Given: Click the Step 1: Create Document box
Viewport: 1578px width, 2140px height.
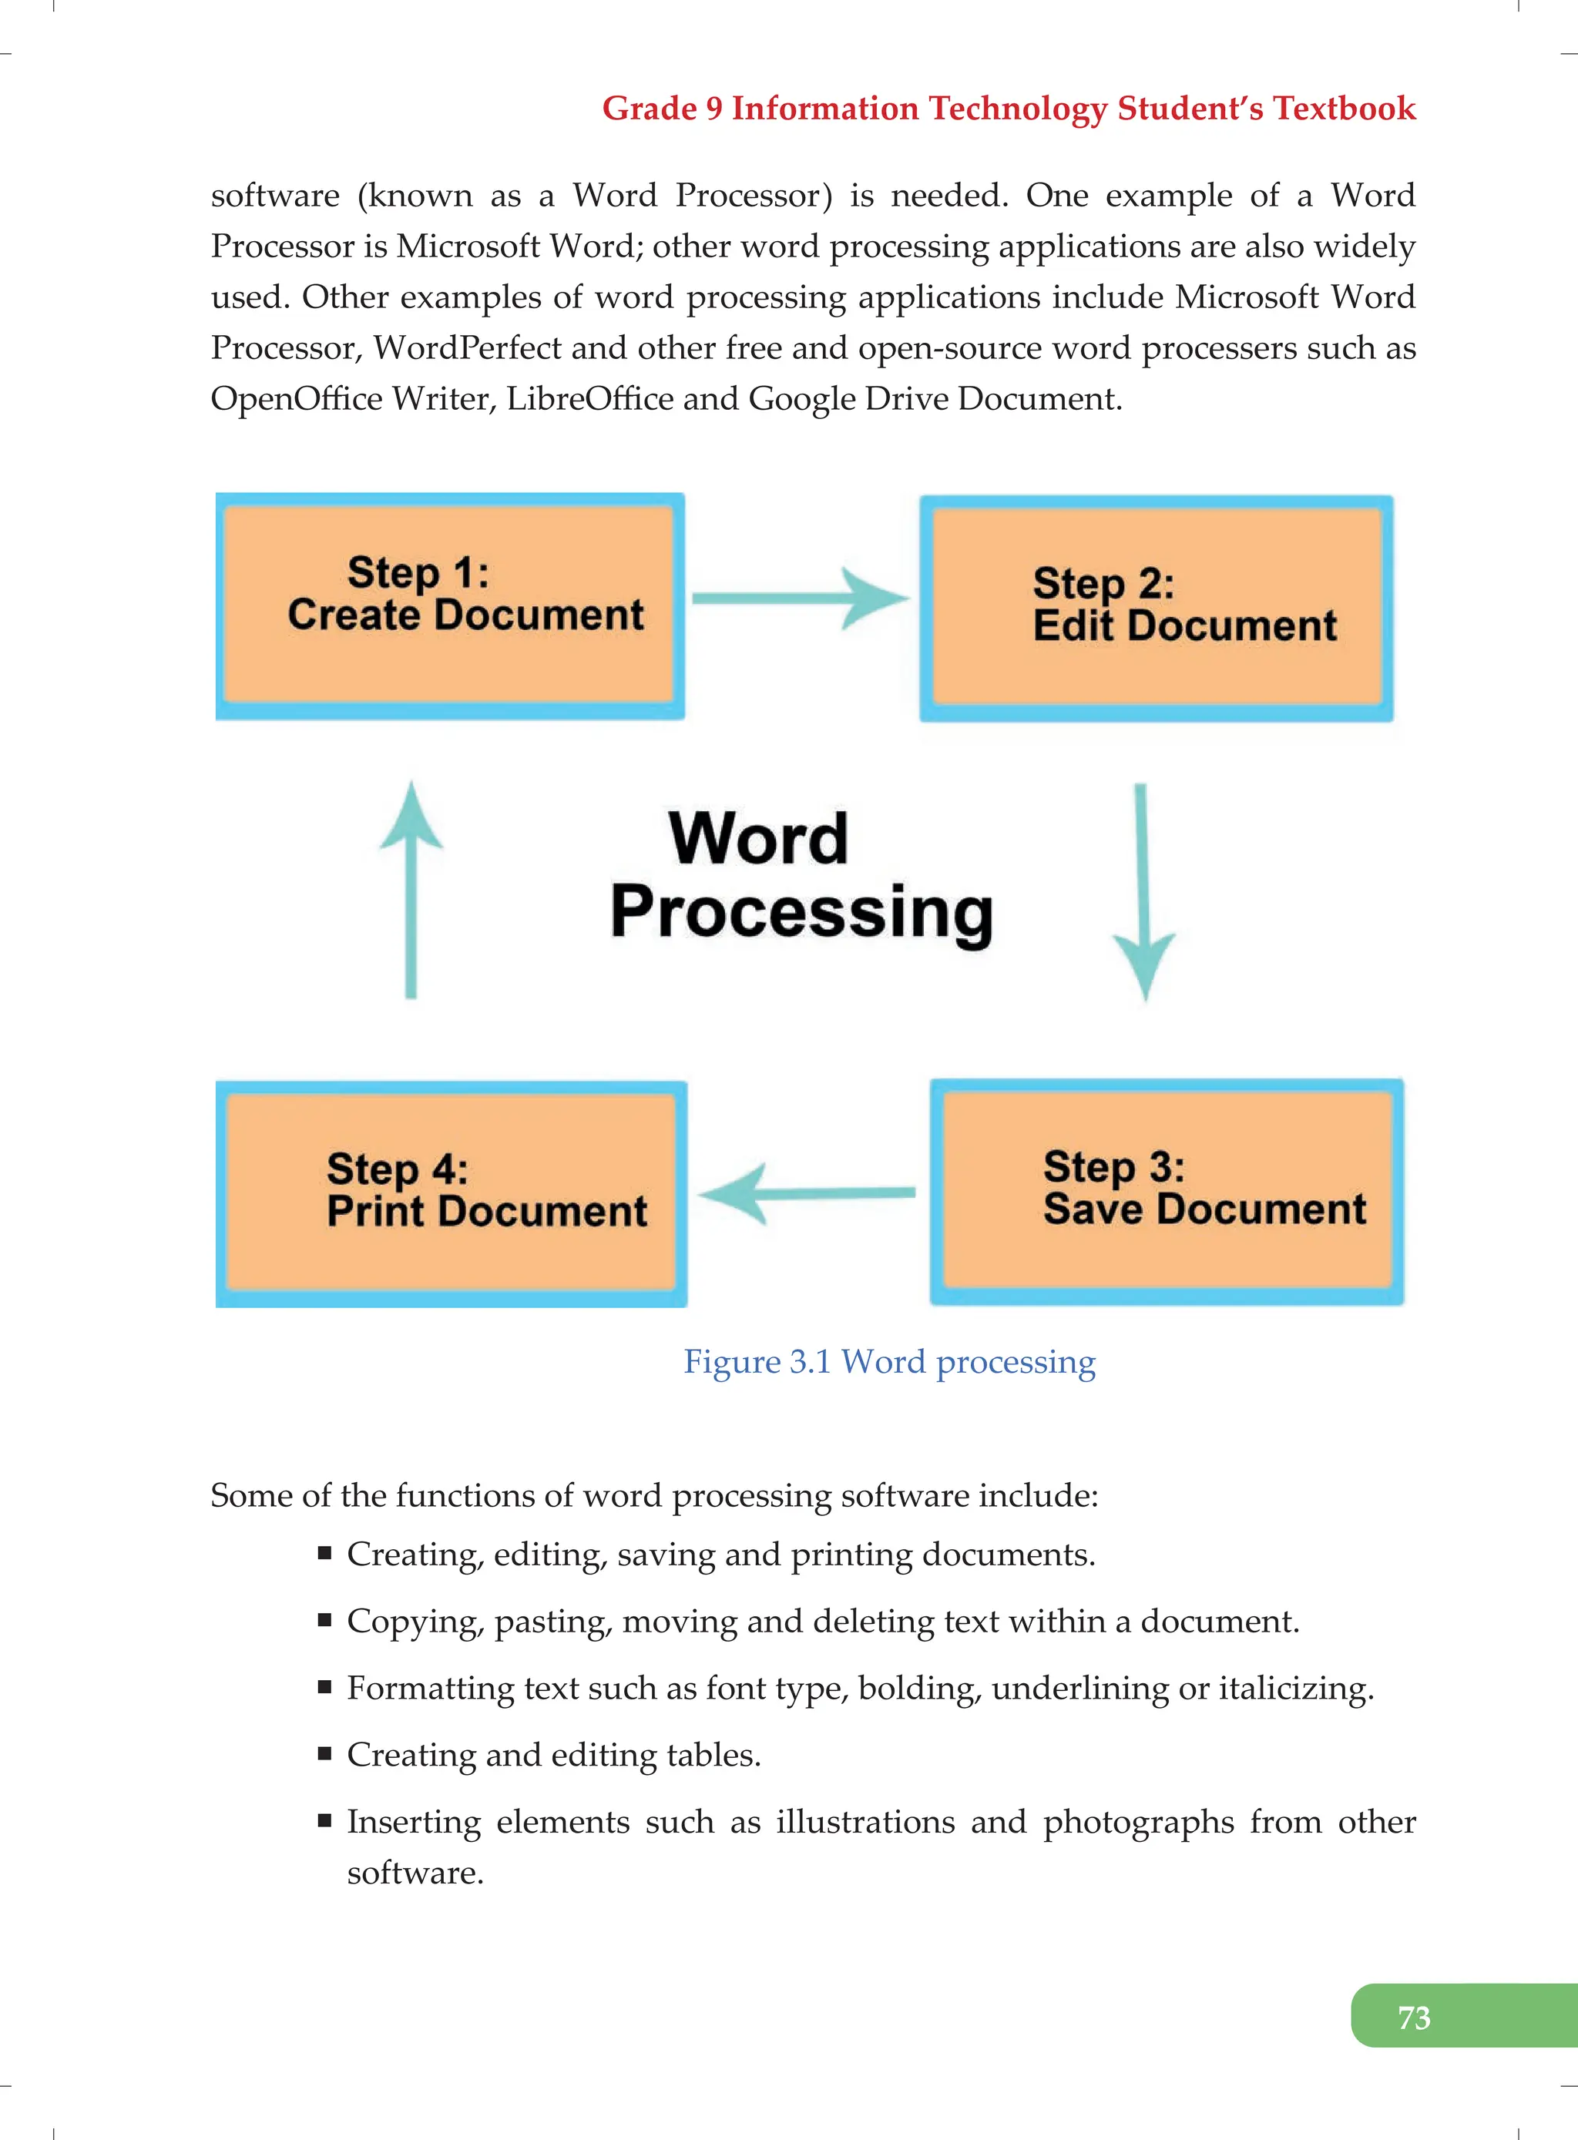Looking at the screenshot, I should (x=450, y=606).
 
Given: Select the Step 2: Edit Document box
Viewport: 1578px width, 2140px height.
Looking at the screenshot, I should (x=1156, y=609).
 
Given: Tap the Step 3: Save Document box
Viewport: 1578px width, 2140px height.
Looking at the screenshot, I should (x=1167, y=1191).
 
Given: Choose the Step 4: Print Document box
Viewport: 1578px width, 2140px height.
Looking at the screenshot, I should (x=451, y=1194).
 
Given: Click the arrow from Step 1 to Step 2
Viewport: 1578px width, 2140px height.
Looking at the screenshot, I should (x=801, y=599).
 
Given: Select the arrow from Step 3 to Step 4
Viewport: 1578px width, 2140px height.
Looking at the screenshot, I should (x=807, y=1192).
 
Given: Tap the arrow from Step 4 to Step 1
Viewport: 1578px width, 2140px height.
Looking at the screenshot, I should (x=411, y=889).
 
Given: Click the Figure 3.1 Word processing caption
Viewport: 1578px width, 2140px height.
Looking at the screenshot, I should (x=889, y=1362).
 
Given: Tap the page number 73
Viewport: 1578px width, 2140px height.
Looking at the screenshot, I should (x=1414, y=2018).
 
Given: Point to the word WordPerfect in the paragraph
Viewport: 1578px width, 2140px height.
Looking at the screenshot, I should (x=467, y=348).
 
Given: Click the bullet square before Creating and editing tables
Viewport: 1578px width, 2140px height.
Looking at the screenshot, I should (x=325, y=1754).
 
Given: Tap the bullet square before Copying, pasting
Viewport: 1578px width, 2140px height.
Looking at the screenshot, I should (x=325, y=1621).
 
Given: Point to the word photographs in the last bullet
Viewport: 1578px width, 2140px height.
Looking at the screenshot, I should (x=1139, y=1822).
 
